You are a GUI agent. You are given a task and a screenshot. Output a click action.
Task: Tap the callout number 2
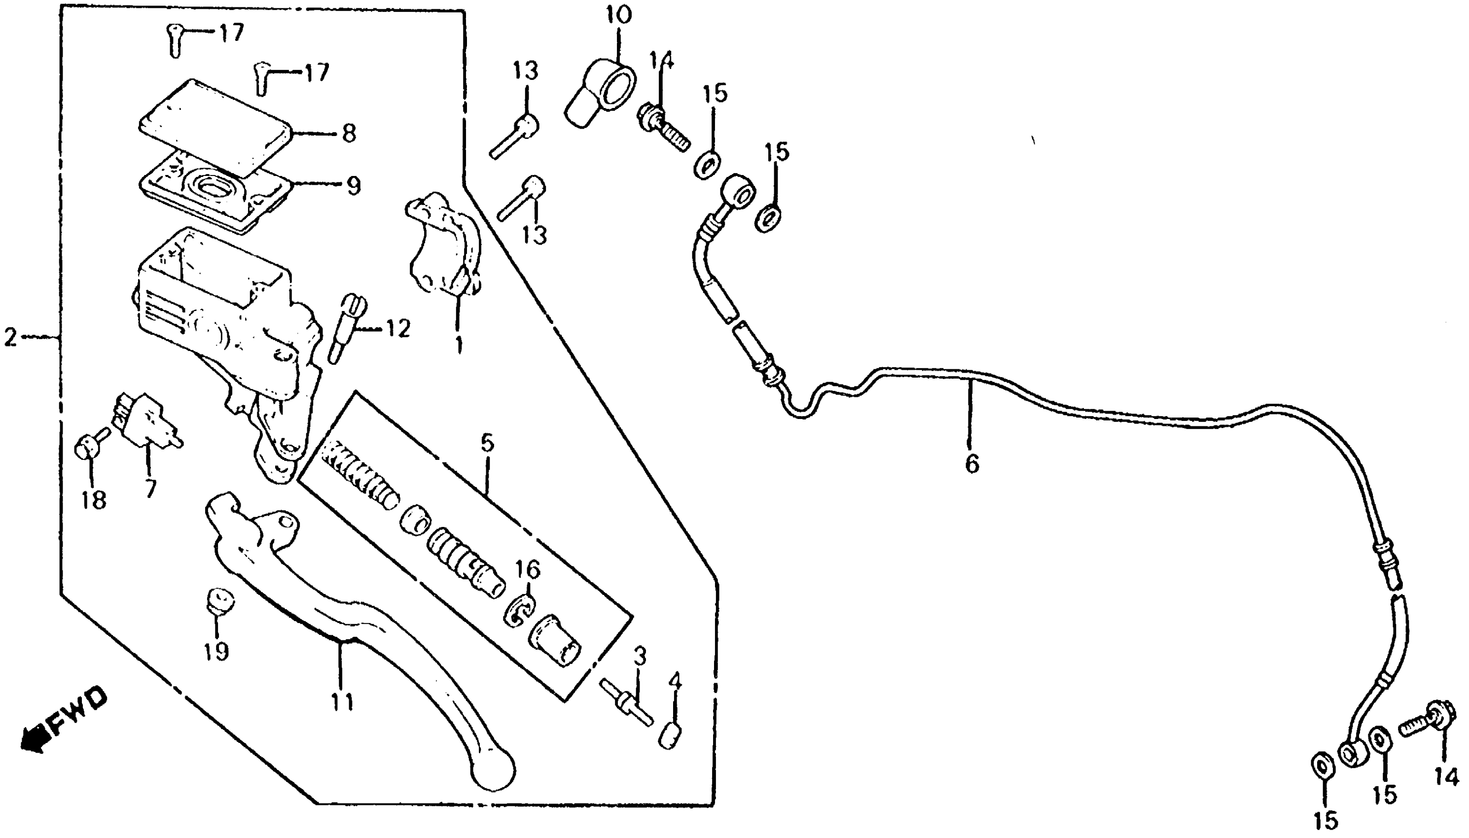(10, 337)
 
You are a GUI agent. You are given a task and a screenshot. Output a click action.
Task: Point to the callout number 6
(971, 463)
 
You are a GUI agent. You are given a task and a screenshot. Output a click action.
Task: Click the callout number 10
(618, 15)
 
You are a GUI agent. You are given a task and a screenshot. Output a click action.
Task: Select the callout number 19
(216, 651)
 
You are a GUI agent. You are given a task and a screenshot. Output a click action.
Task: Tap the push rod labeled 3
(626, 702)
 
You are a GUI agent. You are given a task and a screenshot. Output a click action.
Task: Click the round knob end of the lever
(494, 770)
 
